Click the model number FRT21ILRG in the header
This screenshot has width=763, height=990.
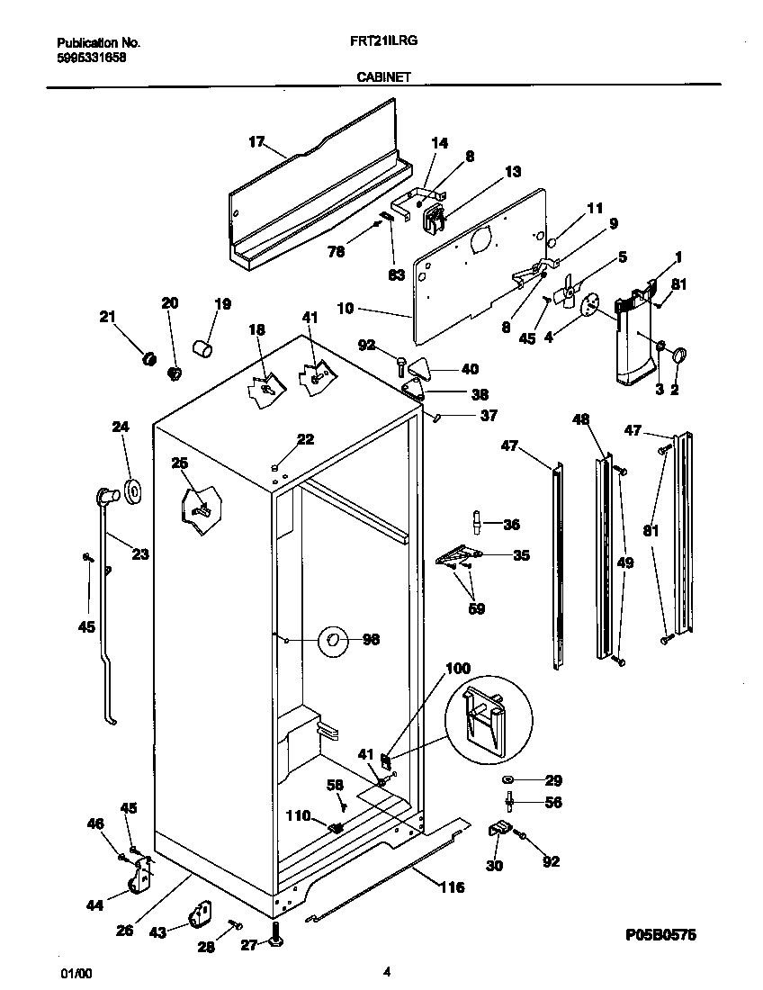pos(383,41)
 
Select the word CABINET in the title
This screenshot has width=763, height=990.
pos(383,77)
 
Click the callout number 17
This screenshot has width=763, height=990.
pos(257,141)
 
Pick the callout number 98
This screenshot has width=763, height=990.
pos(371,640)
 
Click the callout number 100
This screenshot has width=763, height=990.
pos(457,669)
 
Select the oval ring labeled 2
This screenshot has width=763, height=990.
pos(678,356)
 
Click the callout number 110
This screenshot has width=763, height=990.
pos(297,816)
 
